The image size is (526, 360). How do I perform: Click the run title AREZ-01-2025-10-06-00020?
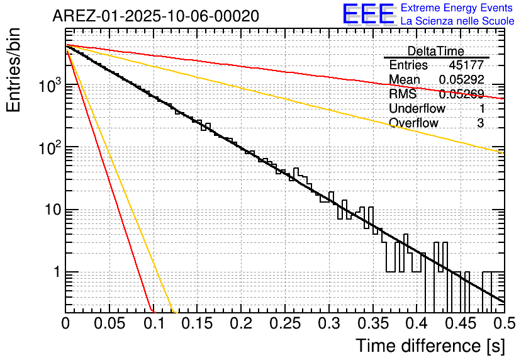(155, 16)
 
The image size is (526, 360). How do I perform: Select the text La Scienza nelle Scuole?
(457, 21)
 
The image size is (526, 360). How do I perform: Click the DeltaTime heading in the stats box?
(435, 51)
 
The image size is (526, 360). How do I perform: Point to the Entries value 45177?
(466, 65)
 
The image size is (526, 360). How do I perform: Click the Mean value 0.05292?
(461, 80)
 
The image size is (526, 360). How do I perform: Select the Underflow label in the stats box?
(417, 108)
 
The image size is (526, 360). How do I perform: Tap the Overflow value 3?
(480, 123)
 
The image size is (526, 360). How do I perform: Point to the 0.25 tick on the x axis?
(284, 323)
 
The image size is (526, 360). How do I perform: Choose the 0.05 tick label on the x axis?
(109, 323)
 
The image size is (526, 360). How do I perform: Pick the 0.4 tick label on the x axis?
(416, 323)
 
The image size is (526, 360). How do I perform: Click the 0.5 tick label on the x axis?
(503, 323)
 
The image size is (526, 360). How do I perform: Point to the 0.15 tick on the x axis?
(197, 323)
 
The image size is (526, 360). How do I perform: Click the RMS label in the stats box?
(403, 94)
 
